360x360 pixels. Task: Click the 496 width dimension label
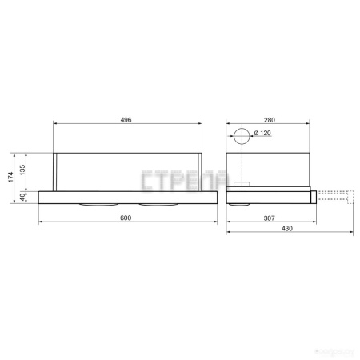pyautogui.click(x=126, y=119)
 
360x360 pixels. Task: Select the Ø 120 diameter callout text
pyautogui.click(x=263, y=133)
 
